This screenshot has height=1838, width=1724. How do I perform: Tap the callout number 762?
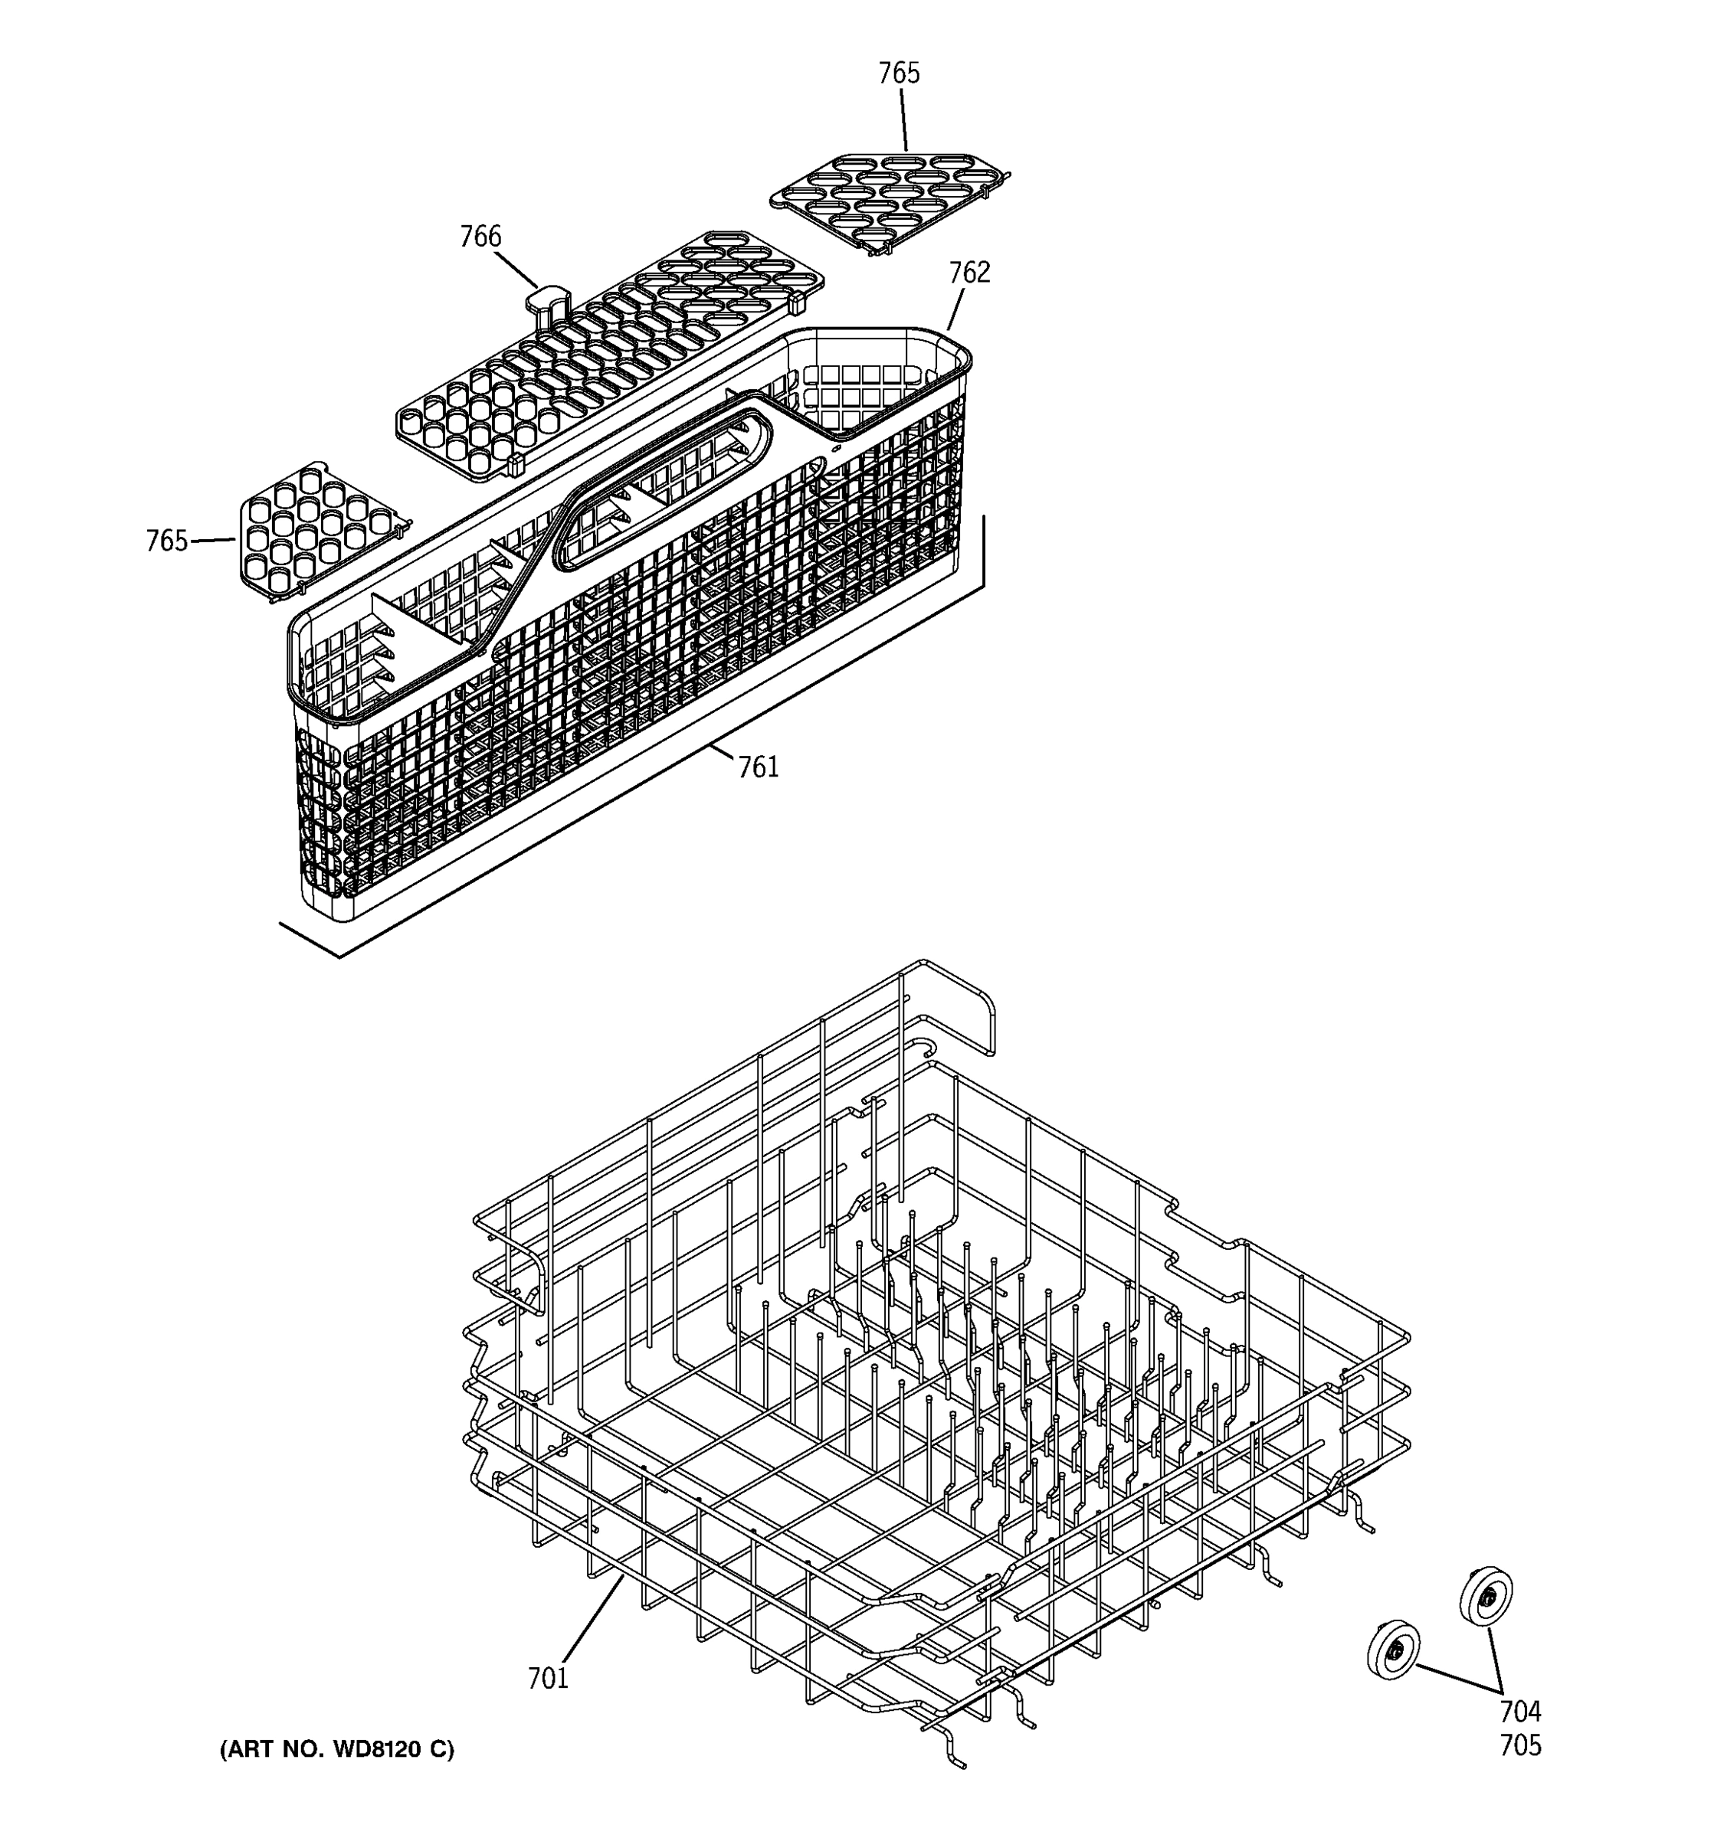coord(969,272)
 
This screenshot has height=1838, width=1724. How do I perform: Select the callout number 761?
coord(758,767)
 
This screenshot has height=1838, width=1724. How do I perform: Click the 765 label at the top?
coord(898,73)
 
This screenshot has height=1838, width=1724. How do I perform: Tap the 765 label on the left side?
coord(166,541)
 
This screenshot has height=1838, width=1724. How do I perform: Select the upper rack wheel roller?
coord(1486,1594)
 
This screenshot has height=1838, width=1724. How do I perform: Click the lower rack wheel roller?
coord(1393,1650)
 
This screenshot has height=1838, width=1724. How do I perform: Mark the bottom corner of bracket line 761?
coord(339,956)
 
